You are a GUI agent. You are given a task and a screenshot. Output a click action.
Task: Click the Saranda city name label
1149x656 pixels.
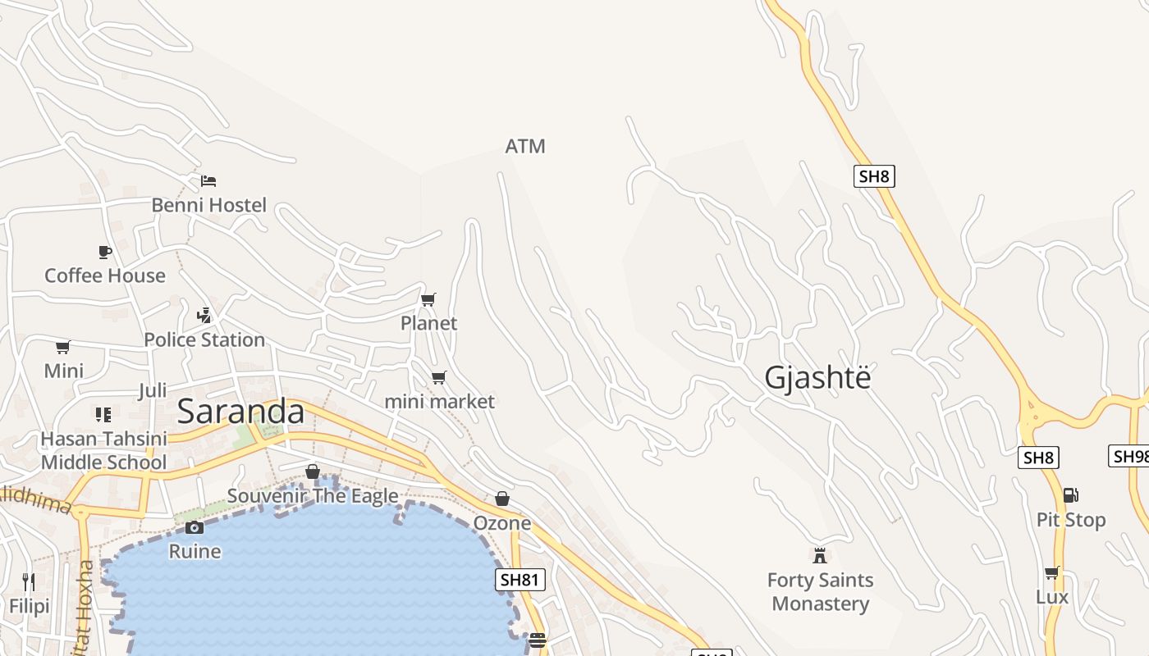click(240, 412)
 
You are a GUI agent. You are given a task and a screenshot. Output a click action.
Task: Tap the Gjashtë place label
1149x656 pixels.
click(817, 378)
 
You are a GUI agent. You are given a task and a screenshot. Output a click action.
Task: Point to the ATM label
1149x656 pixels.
click(525, 147)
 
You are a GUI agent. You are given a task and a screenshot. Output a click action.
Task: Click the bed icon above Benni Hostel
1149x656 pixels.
click(208, 180)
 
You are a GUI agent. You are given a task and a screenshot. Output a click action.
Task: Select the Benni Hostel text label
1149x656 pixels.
click(209, 205)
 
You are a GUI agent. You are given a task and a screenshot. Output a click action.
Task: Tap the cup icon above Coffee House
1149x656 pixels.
click(104, 252)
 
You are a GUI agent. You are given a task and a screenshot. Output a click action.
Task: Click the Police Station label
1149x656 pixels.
click(204, 339)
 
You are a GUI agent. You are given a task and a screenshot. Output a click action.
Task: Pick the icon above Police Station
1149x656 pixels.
click(204, 315)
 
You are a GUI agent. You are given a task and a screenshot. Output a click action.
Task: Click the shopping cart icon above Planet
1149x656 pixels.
click(428, 299)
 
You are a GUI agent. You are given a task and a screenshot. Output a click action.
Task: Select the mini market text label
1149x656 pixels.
click(440, 402)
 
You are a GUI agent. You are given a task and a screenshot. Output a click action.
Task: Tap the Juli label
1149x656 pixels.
click(153, 390)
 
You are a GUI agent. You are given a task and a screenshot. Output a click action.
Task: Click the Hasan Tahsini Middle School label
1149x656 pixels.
click(103, 451)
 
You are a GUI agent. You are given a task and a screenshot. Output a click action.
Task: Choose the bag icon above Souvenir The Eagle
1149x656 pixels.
click(312, 471)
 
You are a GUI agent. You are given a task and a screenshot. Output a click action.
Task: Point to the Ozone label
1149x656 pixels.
click(502, 523)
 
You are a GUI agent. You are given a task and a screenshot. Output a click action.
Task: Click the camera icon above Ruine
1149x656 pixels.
click(195, 527)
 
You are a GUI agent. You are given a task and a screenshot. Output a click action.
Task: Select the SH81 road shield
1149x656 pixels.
click(520, 581)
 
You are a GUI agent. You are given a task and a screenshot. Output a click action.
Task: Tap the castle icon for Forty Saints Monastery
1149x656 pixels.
click(819, 556)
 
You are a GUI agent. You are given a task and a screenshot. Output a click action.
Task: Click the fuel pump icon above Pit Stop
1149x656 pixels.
click(1070, 495)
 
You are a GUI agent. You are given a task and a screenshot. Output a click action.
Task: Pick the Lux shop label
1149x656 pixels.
click(1052, 597)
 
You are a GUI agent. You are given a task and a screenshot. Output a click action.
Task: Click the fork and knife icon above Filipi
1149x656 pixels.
click(29, 582)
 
